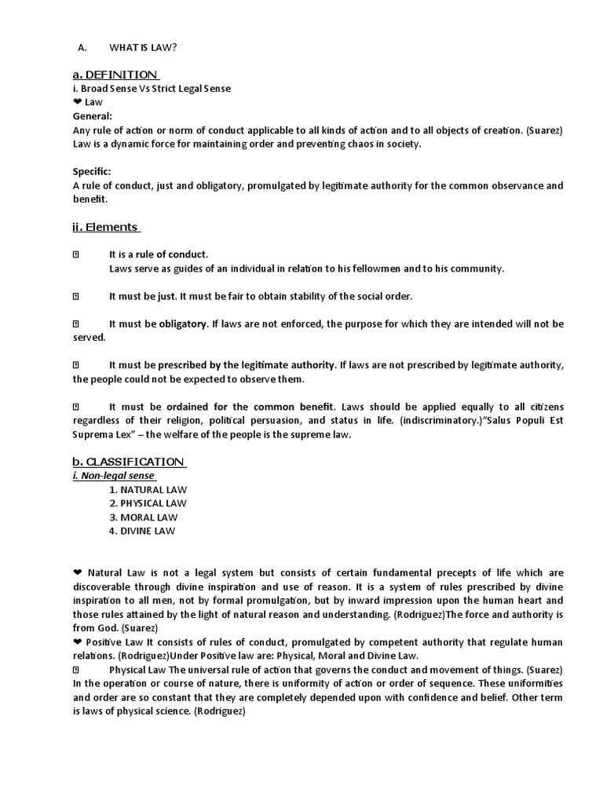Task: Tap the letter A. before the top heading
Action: coord(81,48)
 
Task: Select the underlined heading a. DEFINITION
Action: coord(115,75)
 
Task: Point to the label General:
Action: coord(92,115)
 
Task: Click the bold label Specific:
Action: coord(92,171)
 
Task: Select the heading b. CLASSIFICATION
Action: coord(129,461)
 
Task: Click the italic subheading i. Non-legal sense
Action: coord(114,476)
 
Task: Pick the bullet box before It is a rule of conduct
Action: coord(76,254)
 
